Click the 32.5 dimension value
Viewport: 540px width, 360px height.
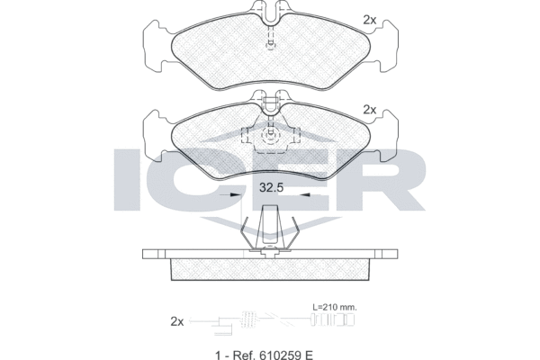coord(271,188)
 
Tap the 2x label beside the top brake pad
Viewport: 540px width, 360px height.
coord(370,21)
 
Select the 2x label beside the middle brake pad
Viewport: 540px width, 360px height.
coord(370,110)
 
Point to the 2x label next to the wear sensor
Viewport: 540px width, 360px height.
coord(177,322)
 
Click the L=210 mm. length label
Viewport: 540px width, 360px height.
coord(335,307)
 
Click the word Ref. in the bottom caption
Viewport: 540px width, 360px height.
coord(244,355)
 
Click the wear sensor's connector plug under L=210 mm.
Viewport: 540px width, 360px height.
coord(333,319)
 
